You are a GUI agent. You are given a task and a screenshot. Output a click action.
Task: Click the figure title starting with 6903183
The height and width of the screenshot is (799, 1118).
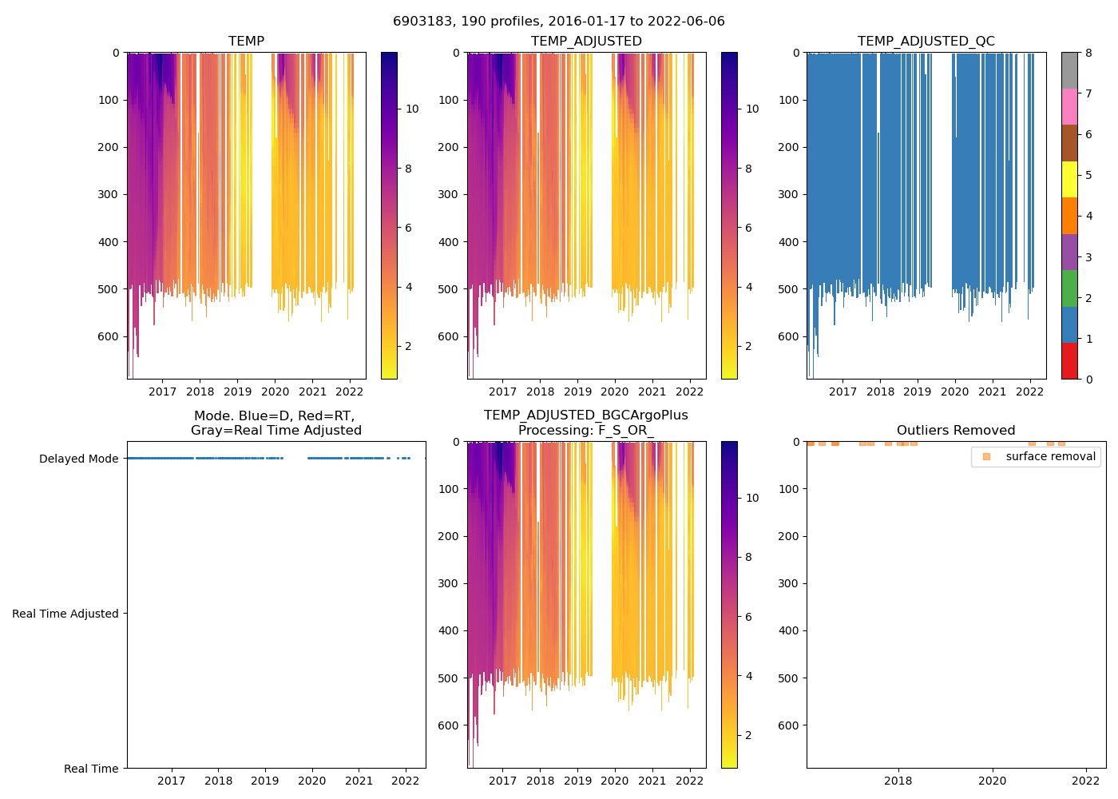559,22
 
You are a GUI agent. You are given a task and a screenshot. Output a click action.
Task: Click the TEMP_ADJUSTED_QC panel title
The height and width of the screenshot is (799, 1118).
926,42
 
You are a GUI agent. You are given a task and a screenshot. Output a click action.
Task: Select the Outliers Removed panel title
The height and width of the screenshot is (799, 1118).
956,431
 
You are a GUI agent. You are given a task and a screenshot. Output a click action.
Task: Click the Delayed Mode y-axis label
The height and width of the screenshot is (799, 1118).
78,459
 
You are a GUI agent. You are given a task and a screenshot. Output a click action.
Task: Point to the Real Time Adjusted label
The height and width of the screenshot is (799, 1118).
65,614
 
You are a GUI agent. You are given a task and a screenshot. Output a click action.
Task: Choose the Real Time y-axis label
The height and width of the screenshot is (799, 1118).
91,769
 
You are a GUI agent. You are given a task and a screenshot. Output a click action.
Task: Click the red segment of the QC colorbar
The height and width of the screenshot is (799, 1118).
1069,361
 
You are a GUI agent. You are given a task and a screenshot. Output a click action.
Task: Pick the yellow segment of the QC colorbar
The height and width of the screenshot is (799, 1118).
1069,179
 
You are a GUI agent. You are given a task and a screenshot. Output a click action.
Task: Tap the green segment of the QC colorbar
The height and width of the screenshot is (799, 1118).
1069,288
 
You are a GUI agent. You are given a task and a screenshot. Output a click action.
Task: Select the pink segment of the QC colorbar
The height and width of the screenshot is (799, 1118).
1069,106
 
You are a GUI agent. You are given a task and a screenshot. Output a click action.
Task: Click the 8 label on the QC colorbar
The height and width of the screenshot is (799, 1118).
1088,53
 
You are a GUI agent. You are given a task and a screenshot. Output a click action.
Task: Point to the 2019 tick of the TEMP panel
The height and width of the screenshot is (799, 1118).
237,392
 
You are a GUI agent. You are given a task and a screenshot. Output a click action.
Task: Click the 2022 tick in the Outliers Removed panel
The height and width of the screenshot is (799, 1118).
1085,781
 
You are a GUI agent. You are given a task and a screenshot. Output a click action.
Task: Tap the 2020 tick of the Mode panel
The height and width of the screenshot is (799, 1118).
312,781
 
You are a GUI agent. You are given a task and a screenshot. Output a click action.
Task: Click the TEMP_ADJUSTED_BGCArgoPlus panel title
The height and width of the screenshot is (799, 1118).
586,423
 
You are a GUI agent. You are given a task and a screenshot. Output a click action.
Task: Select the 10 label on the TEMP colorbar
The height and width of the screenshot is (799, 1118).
412,109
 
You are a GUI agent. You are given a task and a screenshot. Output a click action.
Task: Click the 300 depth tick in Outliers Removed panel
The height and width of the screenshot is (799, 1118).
789,583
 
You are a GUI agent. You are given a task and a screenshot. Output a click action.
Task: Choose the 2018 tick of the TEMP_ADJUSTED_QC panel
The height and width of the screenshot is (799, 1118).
880,392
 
